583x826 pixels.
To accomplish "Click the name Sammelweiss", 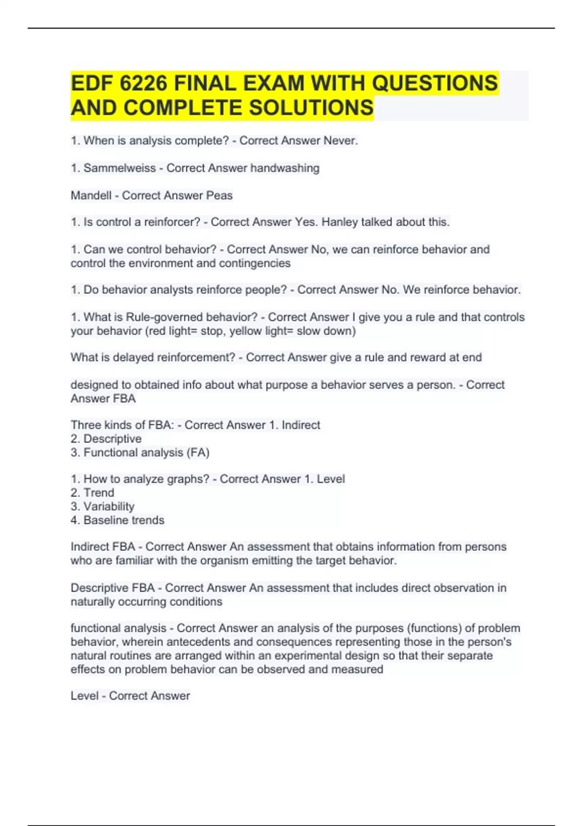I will coord(120,168).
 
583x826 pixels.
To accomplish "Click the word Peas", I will coord(219,195).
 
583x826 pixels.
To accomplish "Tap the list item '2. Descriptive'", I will coord(106,439).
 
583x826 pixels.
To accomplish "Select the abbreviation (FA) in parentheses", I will coord(198,453).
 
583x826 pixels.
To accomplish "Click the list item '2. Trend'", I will coord(92,493).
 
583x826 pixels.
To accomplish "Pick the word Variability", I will coord(109,506).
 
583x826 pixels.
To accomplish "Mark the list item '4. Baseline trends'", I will coord(118,520).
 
